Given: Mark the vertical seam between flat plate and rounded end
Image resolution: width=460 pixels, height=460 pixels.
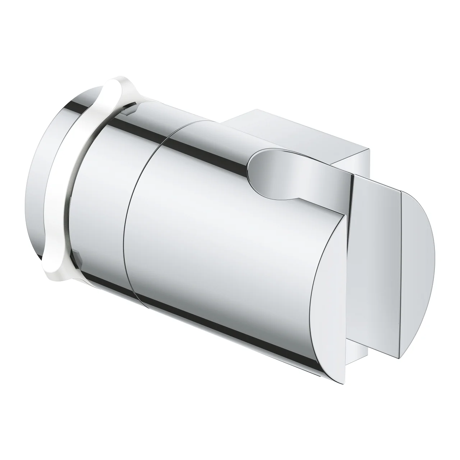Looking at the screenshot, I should tap(400, 252).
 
